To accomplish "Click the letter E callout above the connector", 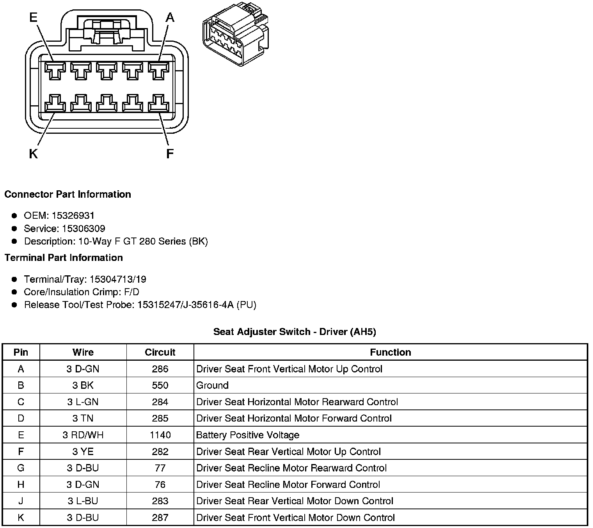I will (33, 18).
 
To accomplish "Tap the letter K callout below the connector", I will (33, 154).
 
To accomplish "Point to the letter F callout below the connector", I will (170, 154).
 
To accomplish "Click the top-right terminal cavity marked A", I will (158, 71).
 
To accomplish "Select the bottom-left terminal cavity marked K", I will (54, 103).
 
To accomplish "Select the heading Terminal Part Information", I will (64, 258).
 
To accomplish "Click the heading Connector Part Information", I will (67, 194).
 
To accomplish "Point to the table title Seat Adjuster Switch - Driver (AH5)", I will (295, 332).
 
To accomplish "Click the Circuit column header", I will (160, 352).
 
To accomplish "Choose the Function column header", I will (390, 352).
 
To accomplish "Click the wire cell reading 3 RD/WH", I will (83, 435).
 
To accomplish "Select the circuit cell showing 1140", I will (160, 435).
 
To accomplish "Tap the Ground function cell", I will (213, 385).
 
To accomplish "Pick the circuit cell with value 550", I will (160, 385).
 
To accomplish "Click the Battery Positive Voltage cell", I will (248, 435).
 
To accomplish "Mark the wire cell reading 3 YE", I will (83, 452).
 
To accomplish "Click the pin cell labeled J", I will (21, 501).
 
